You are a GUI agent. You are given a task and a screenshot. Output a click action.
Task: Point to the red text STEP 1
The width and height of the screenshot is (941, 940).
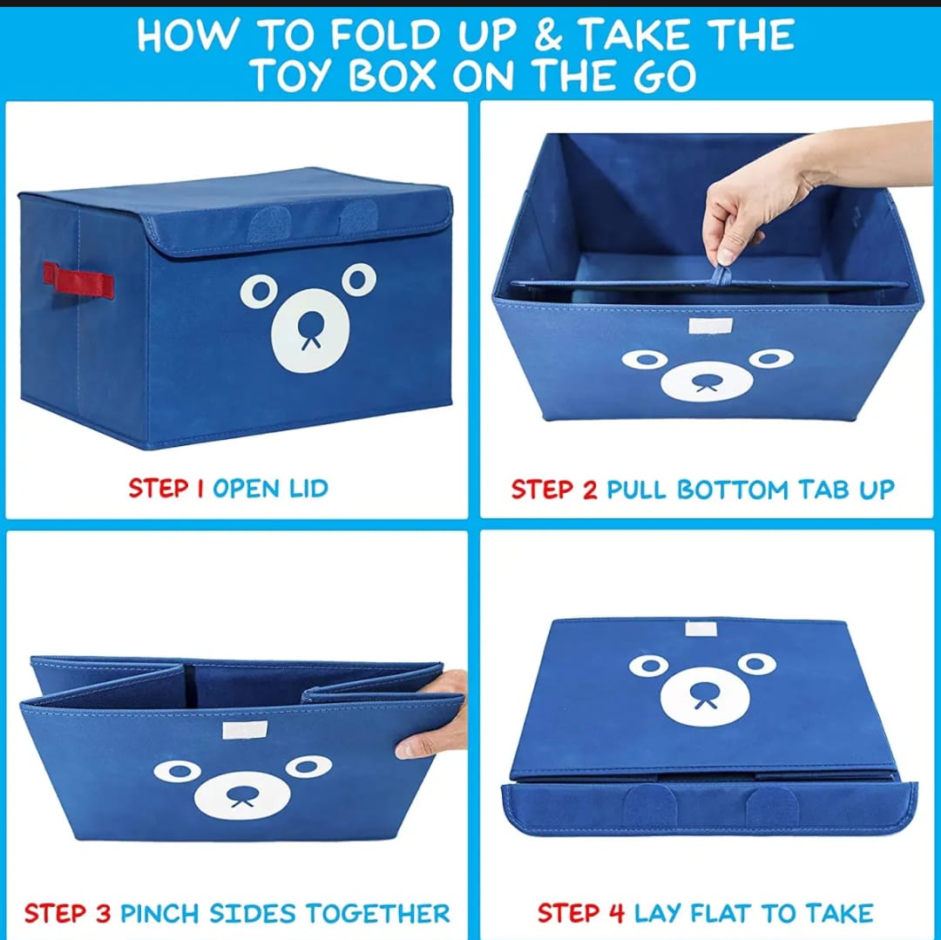[166, 488]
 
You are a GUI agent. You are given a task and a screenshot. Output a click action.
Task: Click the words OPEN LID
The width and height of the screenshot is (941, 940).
[270, 488]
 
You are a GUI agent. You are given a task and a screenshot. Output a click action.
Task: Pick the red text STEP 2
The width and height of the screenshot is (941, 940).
[554, 490]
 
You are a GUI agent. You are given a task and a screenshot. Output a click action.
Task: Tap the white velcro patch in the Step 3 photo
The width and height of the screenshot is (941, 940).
[237, 730]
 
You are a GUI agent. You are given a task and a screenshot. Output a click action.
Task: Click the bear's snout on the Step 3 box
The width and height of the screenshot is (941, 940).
[240, 795]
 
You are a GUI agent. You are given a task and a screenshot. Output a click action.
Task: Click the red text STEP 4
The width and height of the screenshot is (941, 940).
[581, 913]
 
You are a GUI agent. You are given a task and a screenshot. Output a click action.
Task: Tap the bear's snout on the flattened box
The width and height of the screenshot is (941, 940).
[702, 695]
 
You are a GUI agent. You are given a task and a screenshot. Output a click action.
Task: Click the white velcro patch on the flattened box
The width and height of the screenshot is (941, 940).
[701, 628]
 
